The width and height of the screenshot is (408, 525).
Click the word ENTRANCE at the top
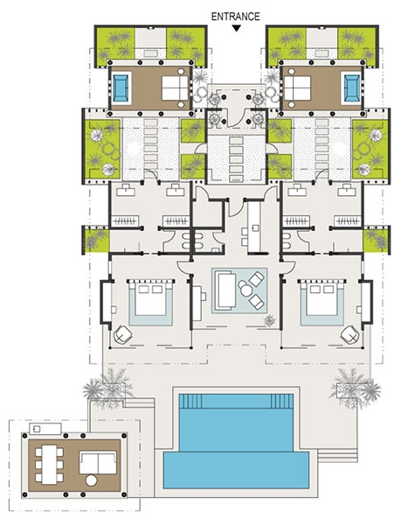(x=235, y=17)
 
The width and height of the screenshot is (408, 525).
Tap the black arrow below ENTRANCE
(x=237, y=29)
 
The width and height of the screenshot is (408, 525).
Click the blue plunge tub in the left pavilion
(x=121, y=88)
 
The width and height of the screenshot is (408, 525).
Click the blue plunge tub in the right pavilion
(x=351, y=88)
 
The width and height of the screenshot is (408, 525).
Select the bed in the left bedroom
(x=151, y=299)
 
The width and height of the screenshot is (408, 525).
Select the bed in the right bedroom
(x=322, y=299)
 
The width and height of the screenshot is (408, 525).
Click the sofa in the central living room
(x=225, y=290)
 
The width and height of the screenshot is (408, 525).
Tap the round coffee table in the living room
(x=245, y=289)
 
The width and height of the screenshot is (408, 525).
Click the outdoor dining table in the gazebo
(x=49, y=465)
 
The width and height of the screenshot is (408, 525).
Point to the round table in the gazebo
(x=92, y=480)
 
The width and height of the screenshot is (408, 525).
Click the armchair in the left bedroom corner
(x=122, y=334)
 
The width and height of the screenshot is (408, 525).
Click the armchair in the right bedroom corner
(x=350, y=334)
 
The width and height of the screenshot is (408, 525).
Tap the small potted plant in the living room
(x=270, y=321)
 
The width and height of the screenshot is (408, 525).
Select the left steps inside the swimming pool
(x=190, y=401)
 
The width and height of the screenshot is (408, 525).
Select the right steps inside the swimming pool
(x=282, y=401)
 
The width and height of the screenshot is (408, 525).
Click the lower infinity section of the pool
(x=236, y=470)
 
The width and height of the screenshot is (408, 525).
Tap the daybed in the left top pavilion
(x=175, y=88)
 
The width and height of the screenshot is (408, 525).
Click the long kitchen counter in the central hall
(x=254, y=227)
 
